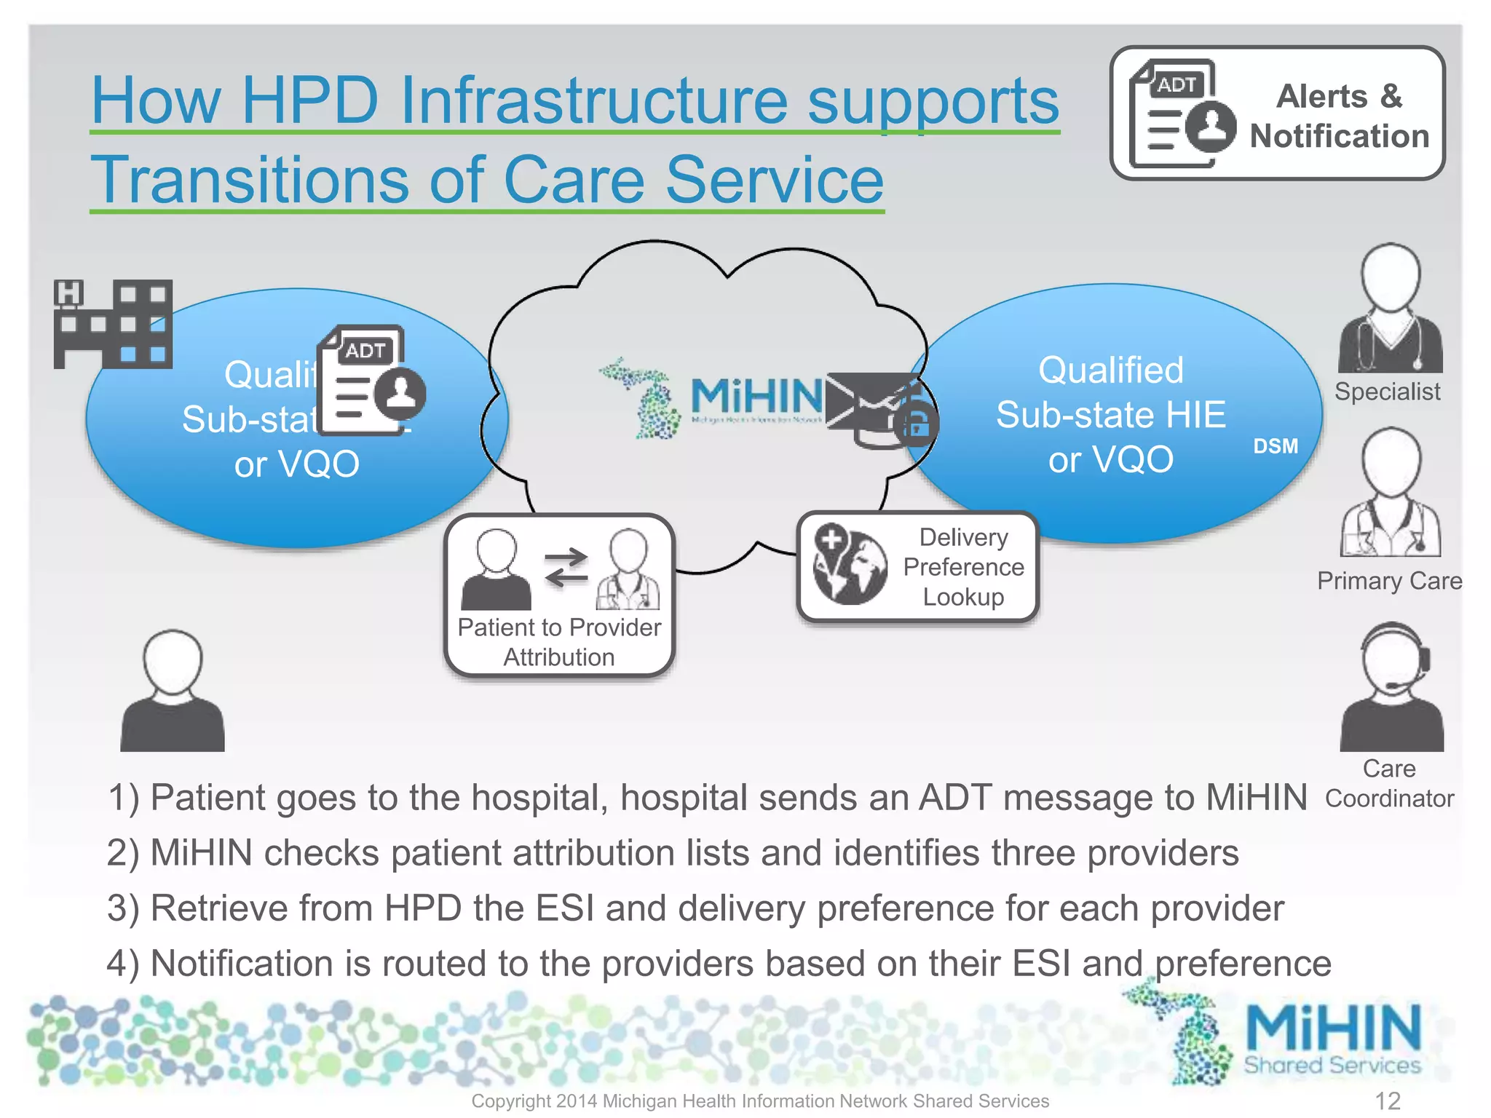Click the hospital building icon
[x=113, y=324]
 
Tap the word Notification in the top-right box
[x=1339, y=136]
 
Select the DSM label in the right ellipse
[x=1275, y=446]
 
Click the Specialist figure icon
[x=1390, y=309]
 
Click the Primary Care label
[x=1389, y=581]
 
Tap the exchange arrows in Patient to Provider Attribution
[x=566, y=567]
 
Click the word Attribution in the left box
[x=559, y=657]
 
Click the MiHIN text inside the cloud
[x=756, y=397]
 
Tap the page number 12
[x=1388, y=1101]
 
